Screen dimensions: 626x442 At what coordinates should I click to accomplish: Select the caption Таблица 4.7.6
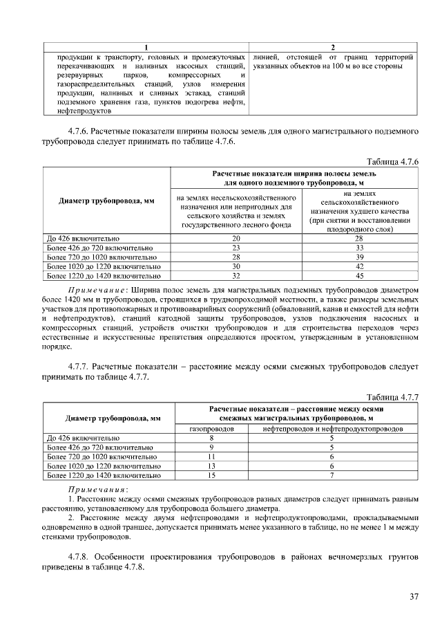coord(393,160)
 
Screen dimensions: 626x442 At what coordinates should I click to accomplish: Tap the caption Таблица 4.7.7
coord(393,396)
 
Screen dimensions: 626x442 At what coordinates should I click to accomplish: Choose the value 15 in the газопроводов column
coord(211,475)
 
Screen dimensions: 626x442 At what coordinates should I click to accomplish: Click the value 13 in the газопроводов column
coord(211,466)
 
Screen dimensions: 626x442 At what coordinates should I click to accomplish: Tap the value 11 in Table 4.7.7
coord(211,457)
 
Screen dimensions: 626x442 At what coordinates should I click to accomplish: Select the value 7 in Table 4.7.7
coord(331,475)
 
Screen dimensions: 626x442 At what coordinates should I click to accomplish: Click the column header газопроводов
coord(211,429)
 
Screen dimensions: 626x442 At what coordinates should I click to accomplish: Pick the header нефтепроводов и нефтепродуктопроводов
coord(331,429)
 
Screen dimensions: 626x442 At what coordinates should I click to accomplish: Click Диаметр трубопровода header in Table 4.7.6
coord(106,201)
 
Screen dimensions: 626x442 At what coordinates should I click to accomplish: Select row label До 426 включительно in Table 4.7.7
coord(82,439)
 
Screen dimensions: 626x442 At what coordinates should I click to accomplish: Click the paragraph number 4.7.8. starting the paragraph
coord(84,556)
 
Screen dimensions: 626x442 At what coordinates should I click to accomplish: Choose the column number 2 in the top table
coord(332,46)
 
